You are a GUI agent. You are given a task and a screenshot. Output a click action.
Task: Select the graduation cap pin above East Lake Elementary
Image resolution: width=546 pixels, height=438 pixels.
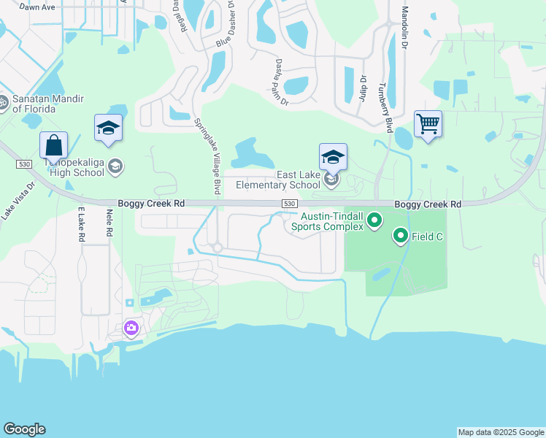[x=333, y=156]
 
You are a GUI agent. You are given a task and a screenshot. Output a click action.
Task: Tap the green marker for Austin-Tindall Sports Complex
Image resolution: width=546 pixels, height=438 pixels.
[x=374, y=220]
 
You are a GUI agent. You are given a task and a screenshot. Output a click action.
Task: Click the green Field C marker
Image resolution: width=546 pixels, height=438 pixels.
[x=400, y=236]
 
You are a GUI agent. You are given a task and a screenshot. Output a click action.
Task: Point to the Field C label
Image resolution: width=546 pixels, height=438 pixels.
[x=427, y=237]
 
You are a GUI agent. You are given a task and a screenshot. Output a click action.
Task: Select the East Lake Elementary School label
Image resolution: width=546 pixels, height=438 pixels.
[x=278, y=180]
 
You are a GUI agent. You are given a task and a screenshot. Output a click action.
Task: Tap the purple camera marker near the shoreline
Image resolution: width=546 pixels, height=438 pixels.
[x=131, y=328]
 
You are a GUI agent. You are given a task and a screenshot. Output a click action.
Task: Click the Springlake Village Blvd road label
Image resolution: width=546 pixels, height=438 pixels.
[x=207, y=155]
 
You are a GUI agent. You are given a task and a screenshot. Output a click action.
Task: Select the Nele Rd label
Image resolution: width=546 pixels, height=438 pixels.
[x=109, y=223]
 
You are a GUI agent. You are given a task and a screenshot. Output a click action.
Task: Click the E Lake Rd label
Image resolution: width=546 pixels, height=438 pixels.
[x=81, y=224]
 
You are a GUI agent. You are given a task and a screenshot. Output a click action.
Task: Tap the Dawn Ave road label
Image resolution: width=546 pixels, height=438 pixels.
[x=37, y=7]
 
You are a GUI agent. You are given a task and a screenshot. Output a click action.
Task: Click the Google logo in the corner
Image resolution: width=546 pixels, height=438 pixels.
[x=24, y=429]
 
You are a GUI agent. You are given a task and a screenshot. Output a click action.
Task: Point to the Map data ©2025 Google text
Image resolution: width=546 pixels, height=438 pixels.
[x=501, y=432]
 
